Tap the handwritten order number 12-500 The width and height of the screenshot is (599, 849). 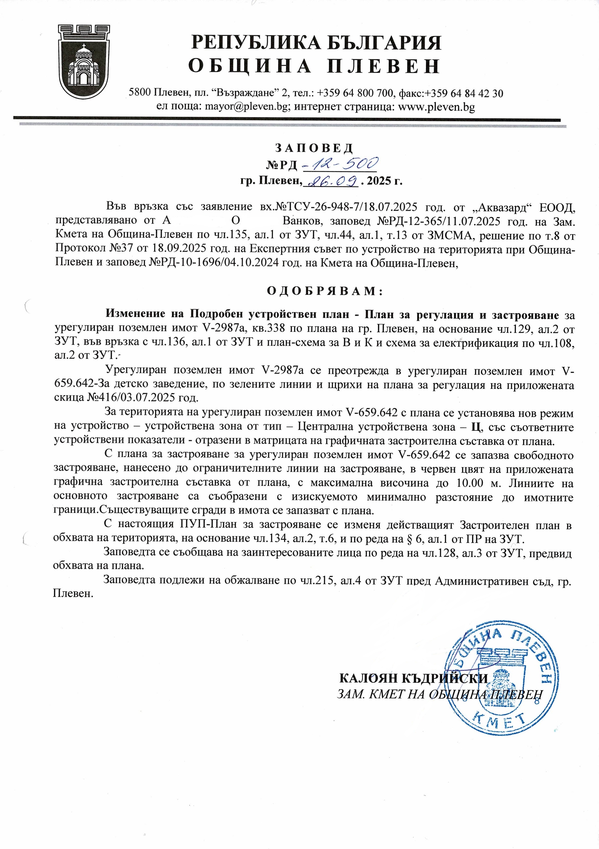(340, 163)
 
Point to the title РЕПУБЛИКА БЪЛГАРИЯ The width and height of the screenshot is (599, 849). (316, 43)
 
